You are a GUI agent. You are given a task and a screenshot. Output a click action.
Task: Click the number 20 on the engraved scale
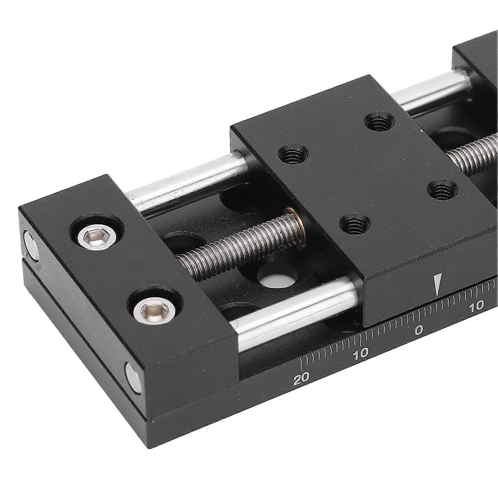(x=302, y=379)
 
